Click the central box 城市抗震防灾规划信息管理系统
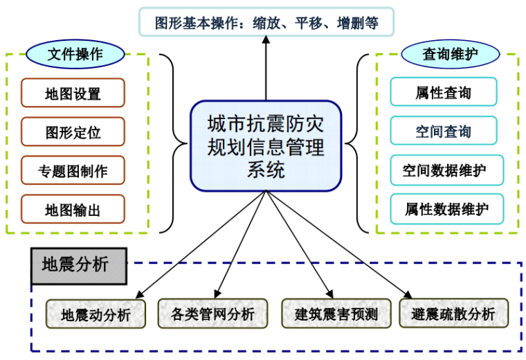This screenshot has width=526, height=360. (266, 145)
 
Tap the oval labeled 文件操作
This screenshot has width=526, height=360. (75, 53)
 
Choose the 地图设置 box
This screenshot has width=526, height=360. (73, 93)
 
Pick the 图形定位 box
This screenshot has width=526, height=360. (73, 132)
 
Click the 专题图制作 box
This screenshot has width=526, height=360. (73, 170)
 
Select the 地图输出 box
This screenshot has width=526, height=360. (73, 209)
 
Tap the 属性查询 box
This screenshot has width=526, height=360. (444, 92)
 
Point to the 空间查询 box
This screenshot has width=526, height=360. (444, 131)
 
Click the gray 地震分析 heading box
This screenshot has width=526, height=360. (79, 265)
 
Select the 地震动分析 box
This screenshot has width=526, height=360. (97, 314)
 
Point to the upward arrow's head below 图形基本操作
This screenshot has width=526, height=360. (266, 44)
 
